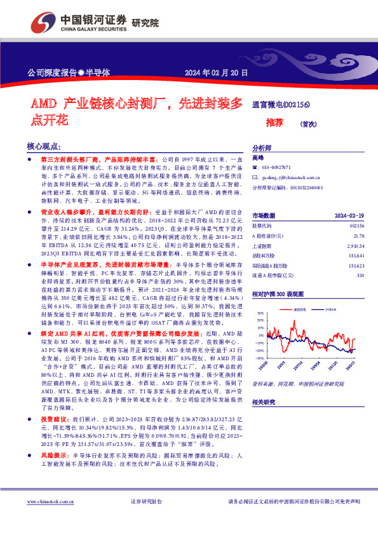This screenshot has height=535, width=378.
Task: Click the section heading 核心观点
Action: coord(45,146)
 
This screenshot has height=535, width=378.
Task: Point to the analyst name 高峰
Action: coord(257,156)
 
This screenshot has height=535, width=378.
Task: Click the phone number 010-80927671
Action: coord(276,167)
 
